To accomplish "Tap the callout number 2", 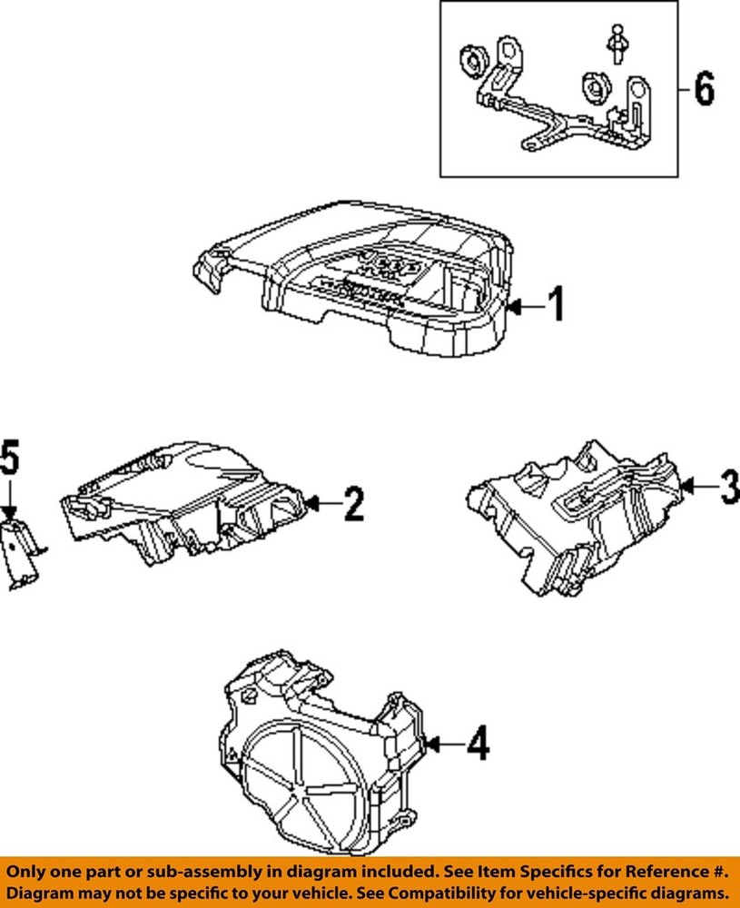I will (353, 503).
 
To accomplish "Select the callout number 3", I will (727, 489).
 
